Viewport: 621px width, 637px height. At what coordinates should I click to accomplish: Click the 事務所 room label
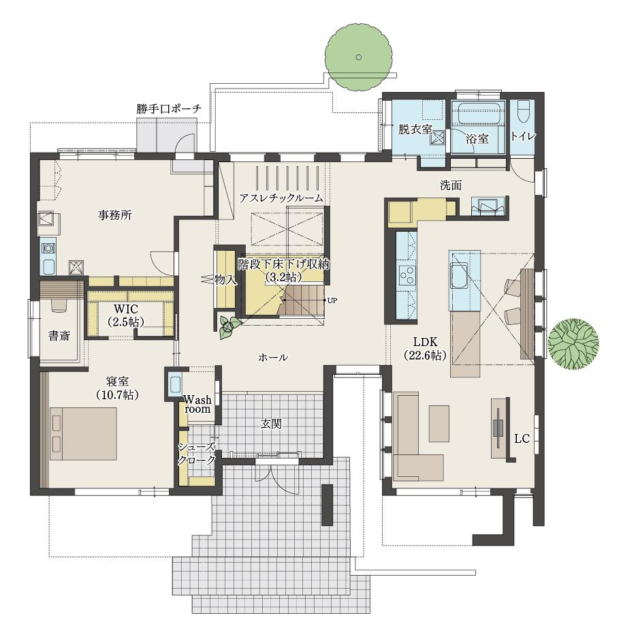point(115,215)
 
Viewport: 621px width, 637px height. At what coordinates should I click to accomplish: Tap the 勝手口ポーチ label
point(169,109)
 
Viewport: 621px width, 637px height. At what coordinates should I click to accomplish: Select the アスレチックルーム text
point(281,198)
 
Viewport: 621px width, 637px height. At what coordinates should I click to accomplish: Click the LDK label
point(426,341)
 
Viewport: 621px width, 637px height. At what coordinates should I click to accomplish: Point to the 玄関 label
point(271,424)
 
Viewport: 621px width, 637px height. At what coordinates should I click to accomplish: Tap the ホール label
point(273,358)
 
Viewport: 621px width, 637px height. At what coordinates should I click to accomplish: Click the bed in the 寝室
point(83,434)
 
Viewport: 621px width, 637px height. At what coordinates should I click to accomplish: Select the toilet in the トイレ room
point(524,110)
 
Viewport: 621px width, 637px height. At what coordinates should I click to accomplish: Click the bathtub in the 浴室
point(478,113)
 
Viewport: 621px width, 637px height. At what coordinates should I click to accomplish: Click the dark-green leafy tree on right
point(573,343)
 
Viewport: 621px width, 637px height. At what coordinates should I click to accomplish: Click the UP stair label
point(332,300)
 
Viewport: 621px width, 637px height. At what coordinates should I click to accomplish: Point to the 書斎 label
point(59,336)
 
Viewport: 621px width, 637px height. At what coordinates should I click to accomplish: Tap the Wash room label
point(197,404)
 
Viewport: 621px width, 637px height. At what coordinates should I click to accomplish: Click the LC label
point(522,438)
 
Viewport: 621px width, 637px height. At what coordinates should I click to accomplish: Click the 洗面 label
point(451,185)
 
